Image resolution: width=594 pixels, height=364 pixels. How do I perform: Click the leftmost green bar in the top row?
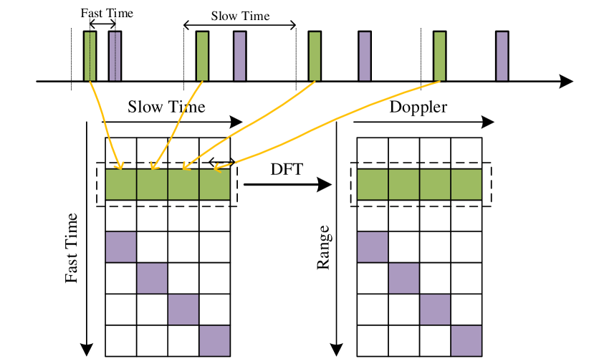click(90, 56)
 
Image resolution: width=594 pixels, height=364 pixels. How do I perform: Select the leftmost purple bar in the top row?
click(115, 56)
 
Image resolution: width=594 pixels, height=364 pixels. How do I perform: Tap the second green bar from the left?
click(202, 56)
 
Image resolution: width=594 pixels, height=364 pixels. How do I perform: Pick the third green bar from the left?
click(315, 56)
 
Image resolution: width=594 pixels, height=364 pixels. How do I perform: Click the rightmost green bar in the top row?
click(439, 56)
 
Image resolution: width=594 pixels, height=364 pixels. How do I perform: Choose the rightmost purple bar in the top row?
click(502, 56)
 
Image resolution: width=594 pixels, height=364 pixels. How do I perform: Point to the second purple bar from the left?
click(239, 56)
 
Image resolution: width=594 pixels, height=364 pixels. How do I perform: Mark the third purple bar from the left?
click(365, 56)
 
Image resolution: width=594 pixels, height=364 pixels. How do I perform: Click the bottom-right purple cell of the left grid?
click(214, 340)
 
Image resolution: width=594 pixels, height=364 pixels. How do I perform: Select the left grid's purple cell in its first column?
click(121, 246)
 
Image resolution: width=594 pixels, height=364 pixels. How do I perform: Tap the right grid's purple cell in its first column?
click(373, 246)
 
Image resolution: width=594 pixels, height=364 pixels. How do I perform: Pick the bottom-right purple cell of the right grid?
click(466, 340)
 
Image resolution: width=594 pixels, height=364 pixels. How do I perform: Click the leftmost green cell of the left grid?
click(121, 184)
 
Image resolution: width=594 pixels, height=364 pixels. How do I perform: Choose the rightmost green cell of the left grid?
click(214, 184)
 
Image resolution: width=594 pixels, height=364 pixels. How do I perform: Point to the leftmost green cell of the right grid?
click(373, 184)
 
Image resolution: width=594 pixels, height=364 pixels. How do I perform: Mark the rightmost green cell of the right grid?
click(466, 184)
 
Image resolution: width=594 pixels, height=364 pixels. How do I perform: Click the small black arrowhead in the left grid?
click(212, 162)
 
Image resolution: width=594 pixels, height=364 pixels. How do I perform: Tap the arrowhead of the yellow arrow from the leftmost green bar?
click(120, 167)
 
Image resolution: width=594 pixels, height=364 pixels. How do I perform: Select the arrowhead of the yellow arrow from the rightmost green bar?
click(216, 169)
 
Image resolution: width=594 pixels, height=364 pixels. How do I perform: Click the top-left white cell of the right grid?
click(373, 150)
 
